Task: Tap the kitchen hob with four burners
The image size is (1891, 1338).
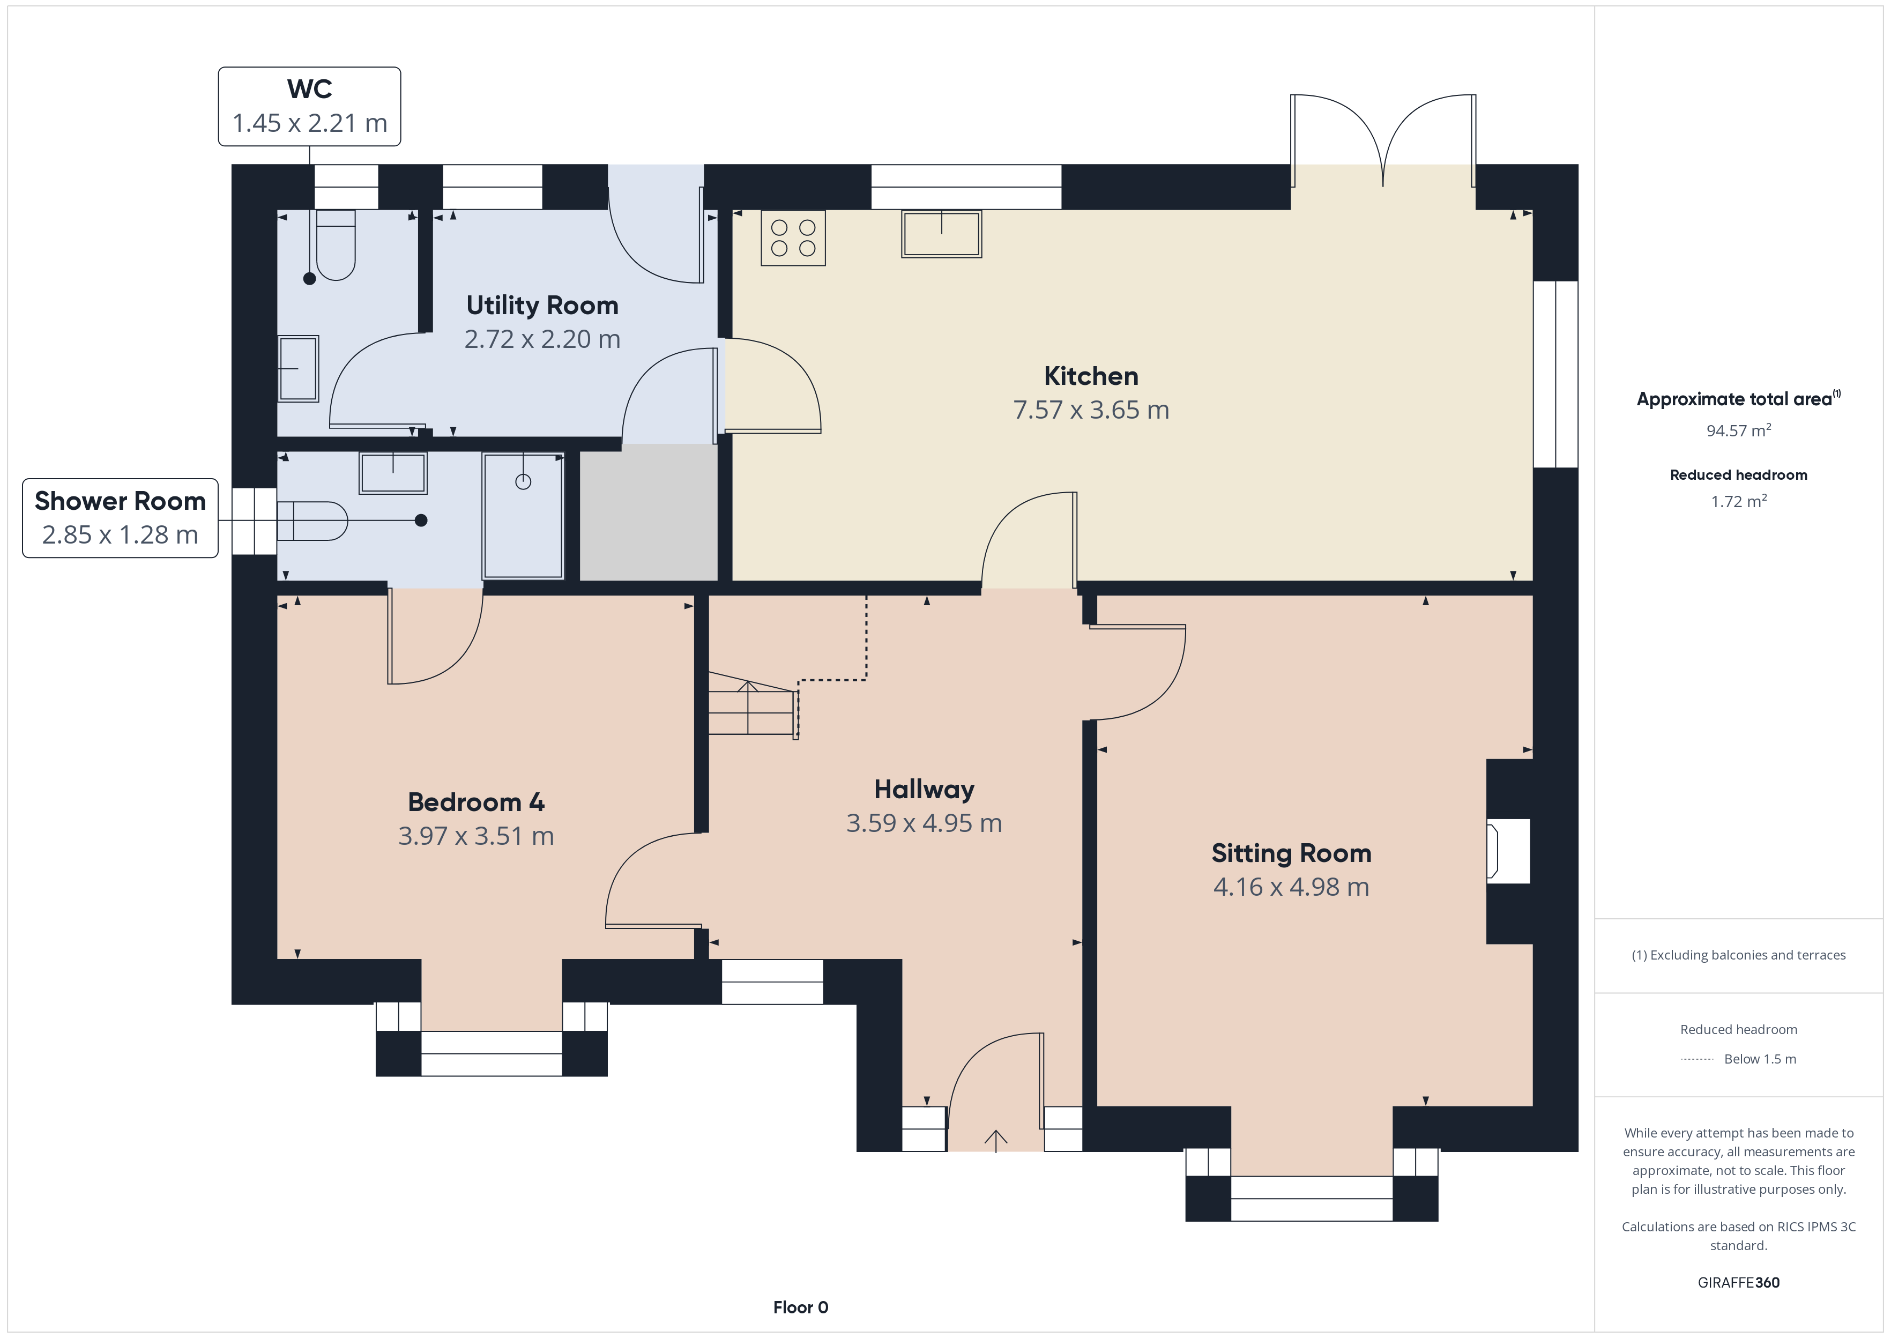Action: coord(793,238)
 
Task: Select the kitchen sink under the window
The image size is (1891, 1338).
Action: coord(941,234)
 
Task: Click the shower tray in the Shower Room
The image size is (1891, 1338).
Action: coord(523,516)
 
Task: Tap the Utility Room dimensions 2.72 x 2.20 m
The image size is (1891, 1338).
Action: coord(542,339)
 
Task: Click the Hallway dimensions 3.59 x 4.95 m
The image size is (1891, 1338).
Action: coord(924,823)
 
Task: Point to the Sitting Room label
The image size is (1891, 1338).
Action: coord(1291,853)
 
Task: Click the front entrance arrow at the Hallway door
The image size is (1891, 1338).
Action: coord(996,1141)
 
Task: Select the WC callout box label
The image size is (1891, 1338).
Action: coord(310,106)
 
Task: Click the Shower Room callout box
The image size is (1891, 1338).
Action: coord(120,518)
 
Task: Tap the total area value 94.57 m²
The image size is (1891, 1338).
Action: coord(1739,430)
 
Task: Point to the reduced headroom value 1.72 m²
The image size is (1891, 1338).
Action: coord(1739,501)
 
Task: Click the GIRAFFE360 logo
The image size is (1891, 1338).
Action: coord(1739,1283)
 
